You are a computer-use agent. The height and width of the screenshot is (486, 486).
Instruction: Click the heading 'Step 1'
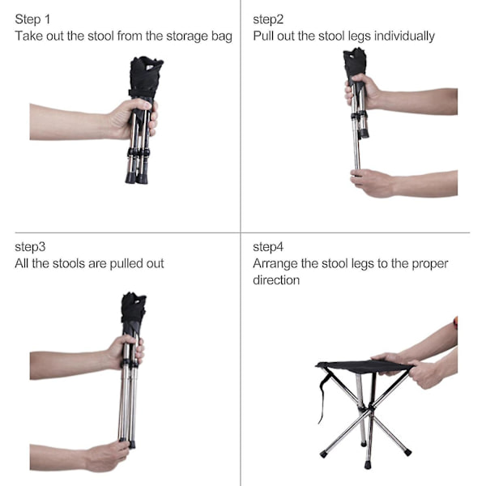point(32,19)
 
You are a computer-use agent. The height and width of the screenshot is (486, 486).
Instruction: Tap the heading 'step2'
point(268,19)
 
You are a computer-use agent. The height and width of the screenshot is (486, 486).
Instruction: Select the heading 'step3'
point(30,247)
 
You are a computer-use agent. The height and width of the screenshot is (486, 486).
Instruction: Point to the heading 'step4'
point(268,247)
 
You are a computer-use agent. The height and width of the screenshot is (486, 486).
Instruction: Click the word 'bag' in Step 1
point(222,36)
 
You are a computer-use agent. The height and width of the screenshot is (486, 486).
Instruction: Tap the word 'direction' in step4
point(276,280)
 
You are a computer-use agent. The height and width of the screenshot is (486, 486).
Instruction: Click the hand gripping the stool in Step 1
point(134,118)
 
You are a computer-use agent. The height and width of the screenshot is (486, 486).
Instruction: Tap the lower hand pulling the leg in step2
point(372,183)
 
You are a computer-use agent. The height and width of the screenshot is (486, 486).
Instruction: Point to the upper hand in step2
point(363,91)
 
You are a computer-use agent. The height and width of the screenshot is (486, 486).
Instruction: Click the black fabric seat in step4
point(364,367)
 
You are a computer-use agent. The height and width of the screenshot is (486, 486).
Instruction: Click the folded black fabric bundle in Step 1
point(144,78)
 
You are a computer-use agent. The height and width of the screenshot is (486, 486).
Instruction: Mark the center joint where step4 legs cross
point(369,411)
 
